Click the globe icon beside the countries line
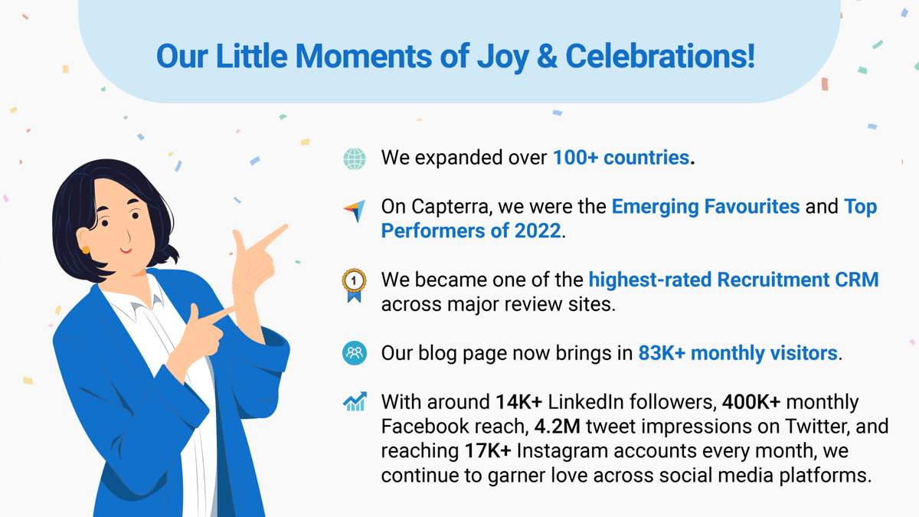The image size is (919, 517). [355, 159]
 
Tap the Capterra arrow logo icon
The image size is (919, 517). [355, 211]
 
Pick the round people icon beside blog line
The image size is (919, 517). [355, 353]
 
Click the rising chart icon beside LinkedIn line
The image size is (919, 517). [355, 401]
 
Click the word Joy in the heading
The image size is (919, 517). [502, 57]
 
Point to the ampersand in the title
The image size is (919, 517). [548, 56]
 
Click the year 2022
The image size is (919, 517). [538, 231]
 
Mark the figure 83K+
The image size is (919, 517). [662, 353]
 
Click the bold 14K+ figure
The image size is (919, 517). [519, 402]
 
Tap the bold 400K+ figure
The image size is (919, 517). [751, 402]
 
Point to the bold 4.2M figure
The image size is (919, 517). [558, 427]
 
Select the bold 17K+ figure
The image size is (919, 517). [488, 451]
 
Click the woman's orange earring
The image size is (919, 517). [86, 250]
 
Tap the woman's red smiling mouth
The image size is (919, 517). [126, 250]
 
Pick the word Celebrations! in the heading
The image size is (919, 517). [660, 56]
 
